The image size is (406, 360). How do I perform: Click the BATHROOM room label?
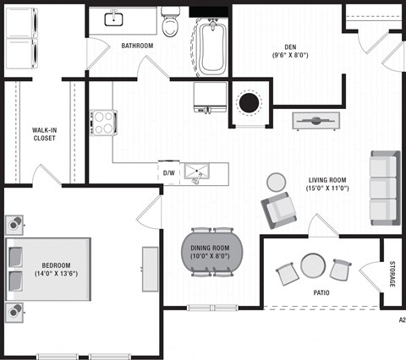tap(136, 45)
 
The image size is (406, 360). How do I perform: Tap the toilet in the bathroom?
tap(171, 23)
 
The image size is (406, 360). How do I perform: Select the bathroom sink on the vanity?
tap(113, 19)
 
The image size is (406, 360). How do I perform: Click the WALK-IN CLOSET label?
tap(44, 133)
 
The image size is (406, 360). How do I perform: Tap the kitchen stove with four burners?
tap(103, 123)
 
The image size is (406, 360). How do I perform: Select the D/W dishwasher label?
tap(170, 173)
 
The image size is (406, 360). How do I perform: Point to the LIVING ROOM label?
tap(327, 183)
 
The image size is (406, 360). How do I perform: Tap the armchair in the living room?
tap(278, 210)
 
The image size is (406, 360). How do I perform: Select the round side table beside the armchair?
tap(277, 182)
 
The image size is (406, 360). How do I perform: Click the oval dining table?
tap(211, 252)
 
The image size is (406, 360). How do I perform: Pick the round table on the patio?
tap(313, 267)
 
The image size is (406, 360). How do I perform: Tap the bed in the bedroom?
tap(48, 270)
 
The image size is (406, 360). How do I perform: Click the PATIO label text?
tap(320, 293)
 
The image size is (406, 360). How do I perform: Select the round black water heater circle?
tap(250, 103)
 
